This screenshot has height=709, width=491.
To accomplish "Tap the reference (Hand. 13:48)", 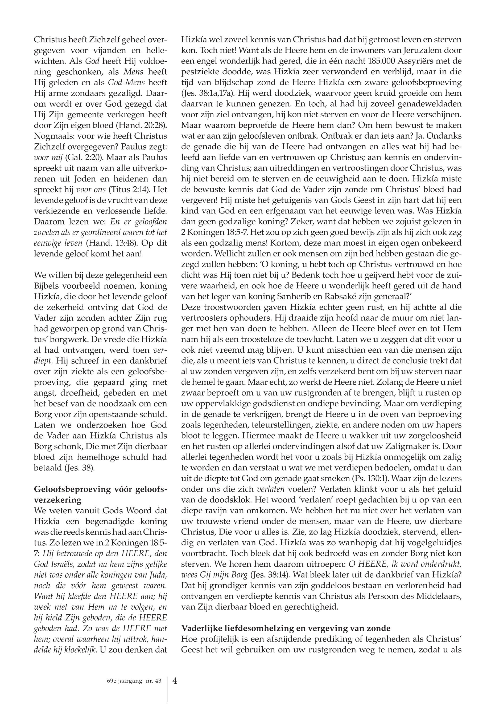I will tap(109, 243).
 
